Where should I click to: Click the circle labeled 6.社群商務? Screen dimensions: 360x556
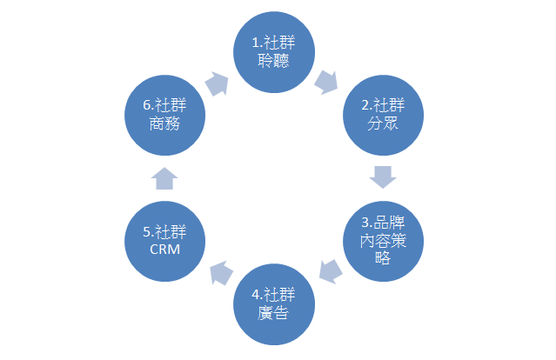click(165, 116)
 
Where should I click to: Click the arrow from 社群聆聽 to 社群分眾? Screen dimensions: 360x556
click(328, 83)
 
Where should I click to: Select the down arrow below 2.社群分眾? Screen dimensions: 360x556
click(383, 177)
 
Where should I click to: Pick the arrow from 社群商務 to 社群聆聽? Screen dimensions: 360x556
click(218, 83)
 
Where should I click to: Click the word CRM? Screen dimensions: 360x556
click(165, 250)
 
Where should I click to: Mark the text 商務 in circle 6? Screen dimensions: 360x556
click(165, 124)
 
